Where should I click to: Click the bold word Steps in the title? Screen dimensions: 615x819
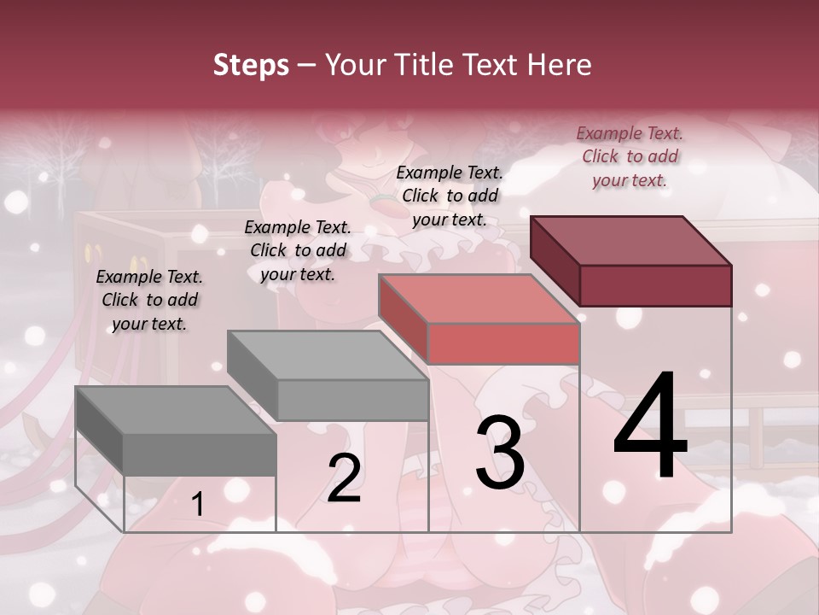click(251, 66)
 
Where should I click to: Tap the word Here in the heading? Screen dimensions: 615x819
click(559, 65)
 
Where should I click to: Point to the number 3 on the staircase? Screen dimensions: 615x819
click(500, 452)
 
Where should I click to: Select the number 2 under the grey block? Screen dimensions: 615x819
click(344, 477)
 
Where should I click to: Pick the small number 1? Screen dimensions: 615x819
click(197, 505)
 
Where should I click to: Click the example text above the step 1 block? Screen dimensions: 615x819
click(149, 300)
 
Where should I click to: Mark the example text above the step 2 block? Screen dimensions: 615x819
click(298, 250)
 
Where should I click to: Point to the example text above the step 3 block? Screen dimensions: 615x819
click(450, 196)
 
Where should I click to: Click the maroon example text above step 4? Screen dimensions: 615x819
click(630, 156)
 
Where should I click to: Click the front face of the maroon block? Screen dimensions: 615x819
click(655, 286)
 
